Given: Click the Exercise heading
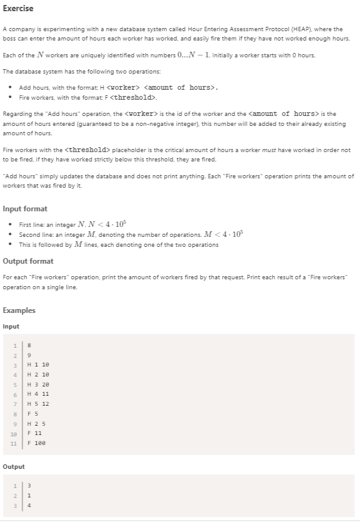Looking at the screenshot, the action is [x=18, y=9].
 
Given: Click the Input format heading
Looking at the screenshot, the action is [x=25, y=209].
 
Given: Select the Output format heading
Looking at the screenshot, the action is [x=28, y=261].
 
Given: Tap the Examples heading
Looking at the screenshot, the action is [x=19, y=310].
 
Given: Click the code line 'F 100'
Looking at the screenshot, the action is [x=37, y=443].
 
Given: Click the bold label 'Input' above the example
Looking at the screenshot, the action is [x=11, y=326].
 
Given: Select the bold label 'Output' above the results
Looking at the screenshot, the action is [x=14, y=466].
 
